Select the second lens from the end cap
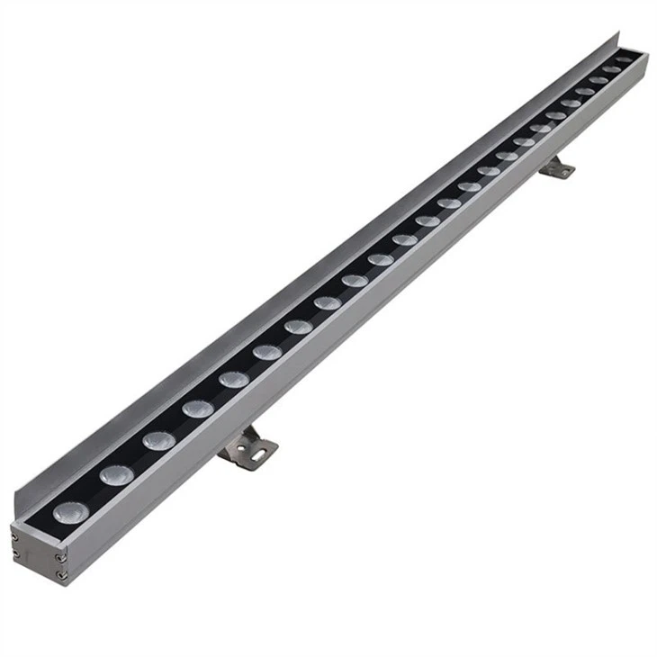116,474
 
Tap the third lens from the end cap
158,440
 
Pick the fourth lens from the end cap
197,409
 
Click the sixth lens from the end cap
266,351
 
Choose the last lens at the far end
625,60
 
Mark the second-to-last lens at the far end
611,69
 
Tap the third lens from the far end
598,80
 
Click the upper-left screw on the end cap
15,537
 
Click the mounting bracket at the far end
558,166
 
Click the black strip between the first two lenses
93,493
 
